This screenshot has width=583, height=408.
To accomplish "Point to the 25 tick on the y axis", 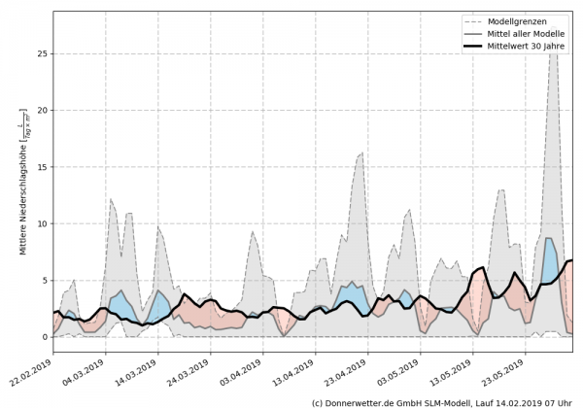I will point(42,53).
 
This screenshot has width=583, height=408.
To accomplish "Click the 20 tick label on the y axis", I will point(42,110).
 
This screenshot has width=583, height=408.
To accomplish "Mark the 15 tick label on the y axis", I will point(42,167).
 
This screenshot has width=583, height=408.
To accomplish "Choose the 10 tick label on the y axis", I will point(42,223).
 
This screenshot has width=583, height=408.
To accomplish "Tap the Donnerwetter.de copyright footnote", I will point(442,401).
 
